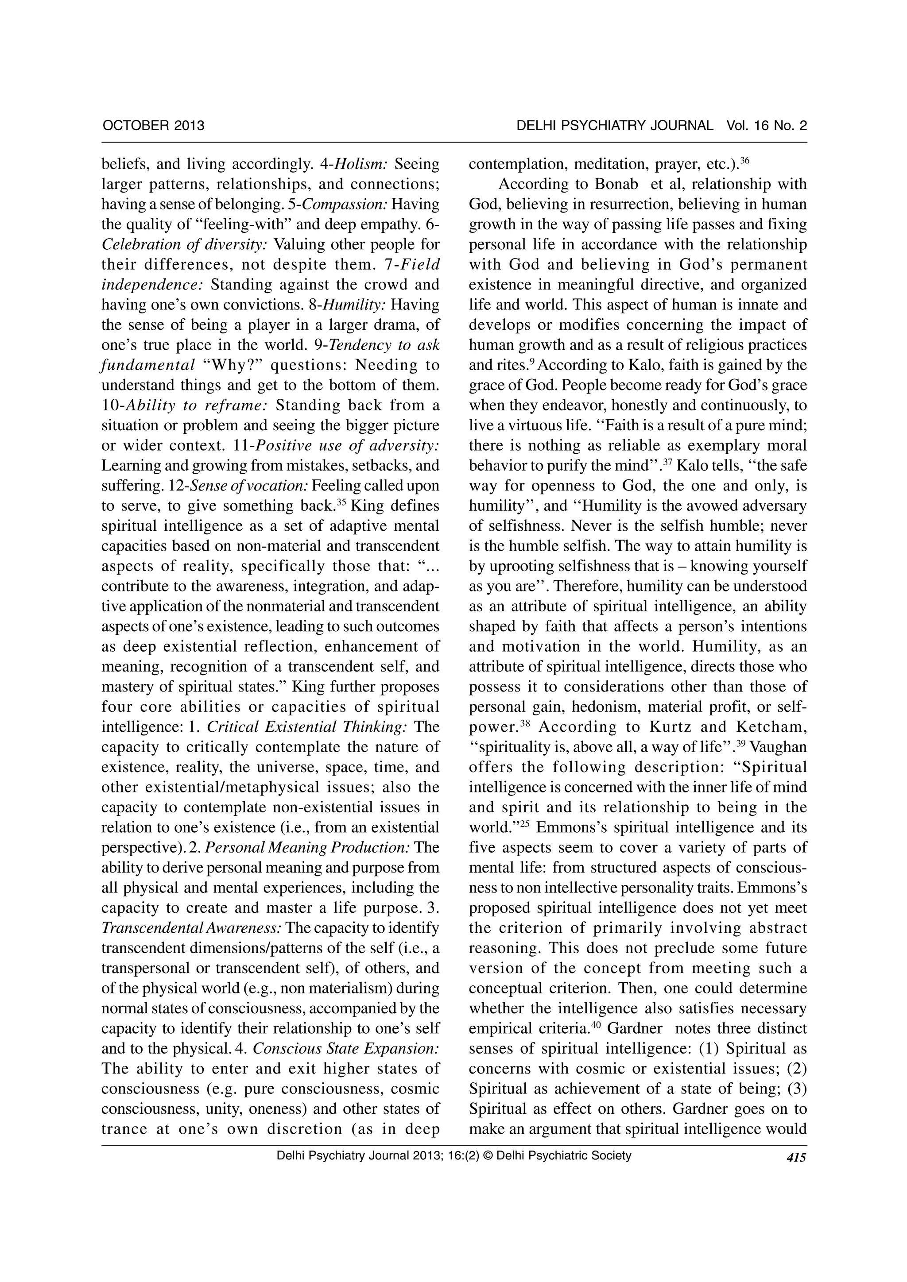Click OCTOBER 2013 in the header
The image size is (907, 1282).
[154, 125]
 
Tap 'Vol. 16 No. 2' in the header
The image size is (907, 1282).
[767, 125]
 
